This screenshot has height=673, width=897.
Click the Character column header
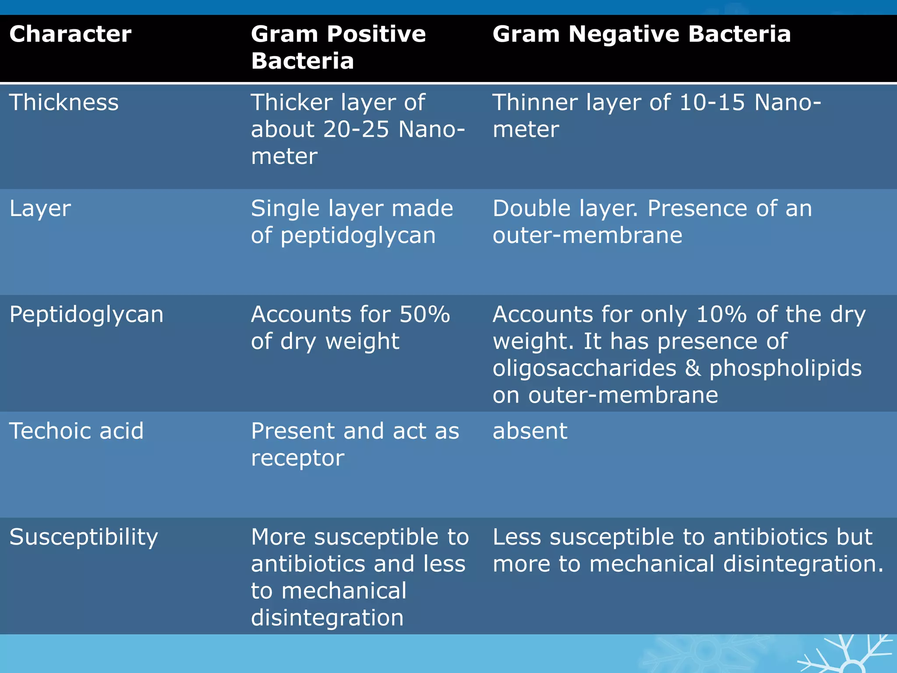click(70, 34)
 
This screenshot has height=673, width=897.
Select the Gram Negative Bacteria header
click(641, 34)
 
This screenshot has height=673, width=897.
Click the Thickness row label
click(64, 103)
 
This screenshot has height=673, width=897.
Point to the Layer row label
click(40, 209)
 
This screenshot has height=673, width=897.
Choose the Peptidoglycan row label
click(86, 315)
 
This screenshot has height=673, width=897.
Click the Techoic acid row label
click(76, 431)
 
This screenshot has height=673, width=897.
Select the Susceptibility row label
click(83, 537)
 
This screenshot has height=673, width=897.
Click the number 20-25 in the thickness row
click(356, 129)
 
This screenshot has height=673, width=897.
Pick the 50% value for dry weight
click(424, 315)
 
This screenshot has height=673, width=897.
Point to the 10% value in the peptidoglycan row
click(721, 315)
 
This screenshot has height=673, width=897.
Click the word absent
click(530, 431)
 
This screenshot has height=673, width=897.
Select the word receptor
click(297, 458)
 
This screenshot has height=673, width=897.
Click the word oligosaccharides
click(584, 368)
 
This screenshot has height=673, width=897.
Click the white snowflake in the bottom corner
click(848, 655)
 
